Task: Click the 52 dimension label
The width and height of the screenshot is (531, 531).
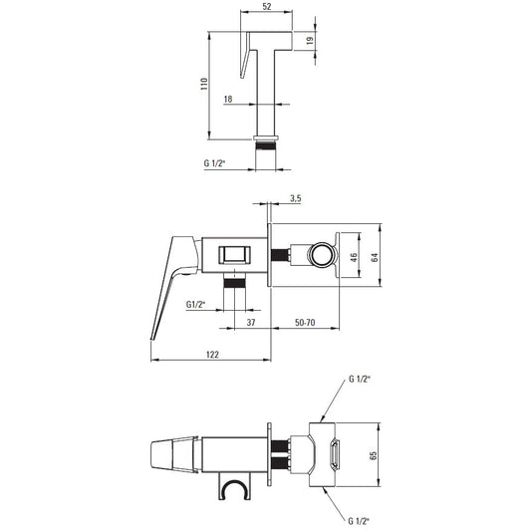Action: tap(267, 6)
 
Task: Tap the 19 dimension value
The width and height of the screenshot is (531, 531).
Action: tap(310, 41)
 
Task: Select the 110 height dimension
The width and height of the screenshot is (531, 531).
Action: tap(204, 84)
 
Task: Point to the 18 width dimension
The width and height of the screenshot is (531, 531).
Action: tap(228, 99)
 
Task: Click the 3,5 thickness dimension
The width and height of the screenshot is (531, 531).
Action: tap(295, 198)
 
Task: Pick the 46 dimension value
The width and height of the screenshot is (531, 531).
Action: tap(354, 257)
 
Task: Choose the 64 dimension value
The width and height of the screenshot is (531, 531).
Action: tap(375, 257)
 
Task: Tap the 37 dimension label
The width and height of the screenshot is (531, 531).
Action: tap(251, 323)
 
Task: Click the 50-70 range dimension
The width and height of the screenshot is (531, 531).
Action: tap(305, 323)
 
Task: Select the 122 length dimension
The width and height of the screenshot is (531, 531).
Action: tap(212, 355)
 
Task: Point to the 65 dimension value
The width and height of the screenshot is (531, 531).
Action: tap(374, 455)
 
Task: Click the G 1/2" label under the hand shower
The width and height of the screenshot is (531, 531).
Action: tap(215, 163)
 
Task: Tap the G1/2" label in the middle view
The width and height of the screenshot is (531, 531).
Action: tap(195, 305)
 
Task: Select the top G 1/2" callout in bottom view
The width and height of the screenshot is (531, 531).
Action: tap(360, 380)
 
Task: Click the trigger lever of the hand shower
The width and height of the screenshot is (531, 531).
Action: tap(244, 55)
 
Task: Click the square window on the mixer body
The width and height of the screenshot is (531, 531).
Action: tap(234, 255)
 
